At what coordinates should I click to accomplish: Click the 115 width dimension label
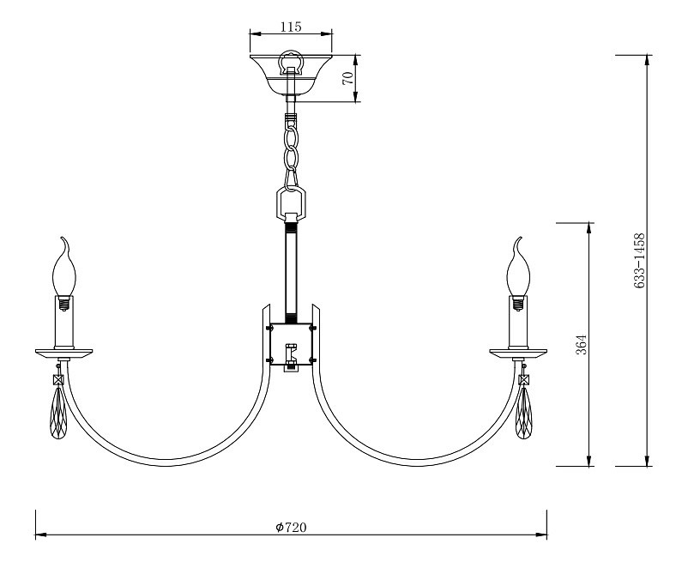[291, 27]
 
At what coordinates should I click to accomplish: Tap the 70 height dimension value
[348, 78]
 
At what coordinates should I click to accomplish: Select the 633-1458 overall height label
[638, 261]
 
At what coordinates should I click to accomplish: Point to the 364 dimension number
[582, 345]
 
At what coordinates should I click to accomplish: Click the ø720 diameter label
[291, 528]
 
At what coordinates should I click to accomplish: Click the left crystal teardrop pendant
[57, 413]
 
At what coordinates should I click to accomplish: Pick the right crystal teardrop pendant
[523, 413]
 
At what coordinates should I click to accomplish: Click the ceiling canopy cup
[291, 75]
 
